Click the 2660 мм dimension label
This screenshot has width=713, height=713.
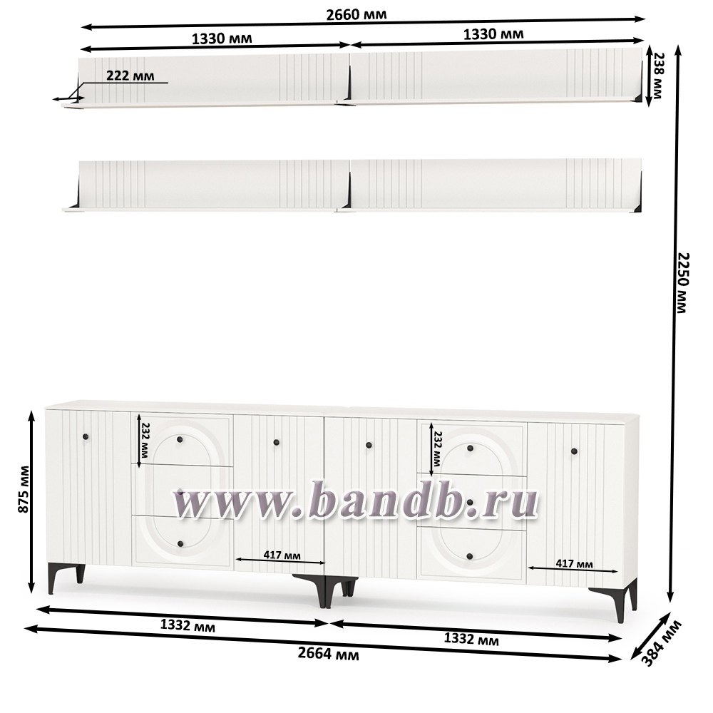coord(356,14)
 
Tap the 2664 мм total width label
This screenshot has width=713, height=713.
coord(328,654)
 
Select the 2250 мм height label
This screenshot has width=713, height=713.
coord(682,283)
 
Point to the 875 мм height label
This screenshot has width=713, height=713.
coord(24,489)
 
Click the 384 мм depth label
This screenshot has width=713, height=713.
coord(662,643)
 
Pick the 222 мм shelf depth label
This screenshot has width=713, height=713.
coord(130,76)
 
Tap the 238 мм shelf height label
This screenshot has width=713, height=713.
coord(657,76)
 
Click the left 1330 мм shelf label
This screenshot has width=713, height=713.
coord(222,39)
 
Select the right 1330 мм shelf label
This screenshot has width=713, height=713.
coord(493,34)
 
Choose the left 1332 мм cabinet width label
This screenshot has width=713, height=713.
coord(188,625)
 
